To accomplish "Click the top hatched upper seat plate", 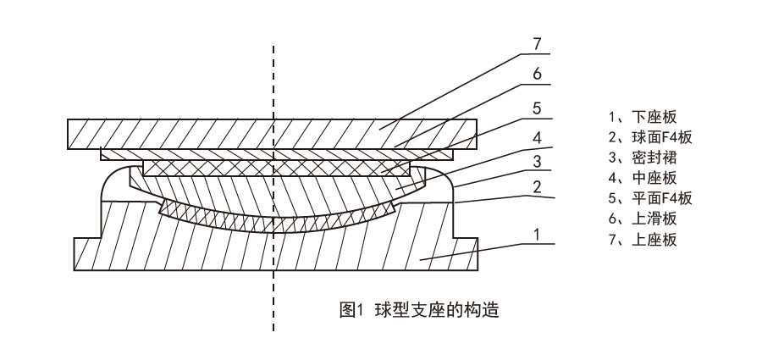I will [x=212, y=134].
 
